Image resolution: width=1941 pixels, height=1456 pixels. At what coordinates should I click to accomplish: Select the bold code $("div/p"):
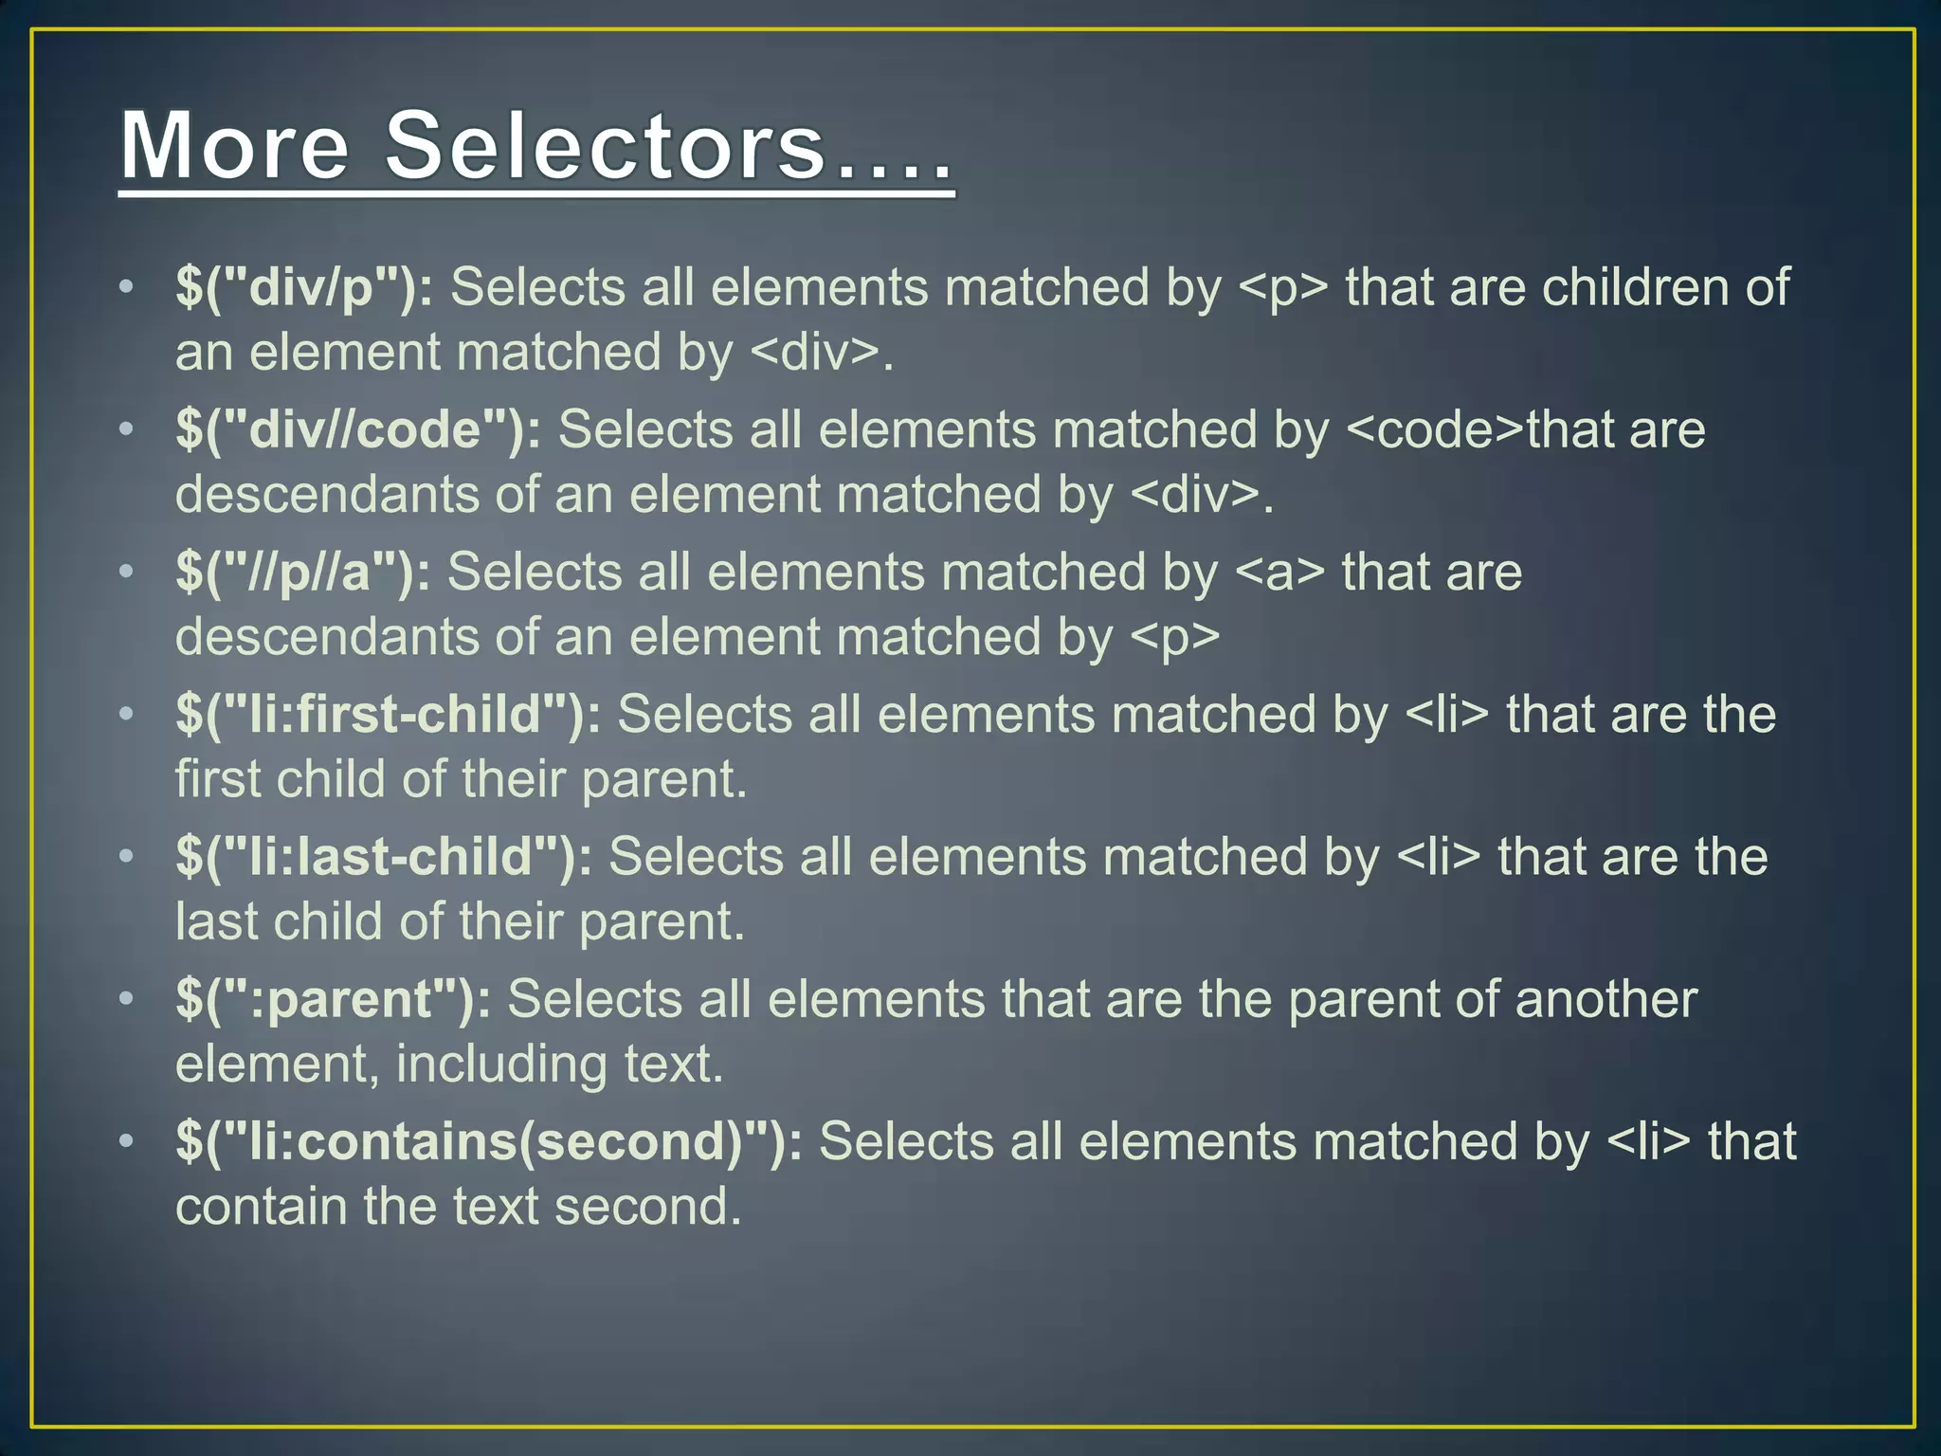(304, 287)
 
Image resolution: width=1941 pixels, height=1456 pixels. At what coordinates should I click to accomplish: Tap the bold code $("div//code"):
(358, 429)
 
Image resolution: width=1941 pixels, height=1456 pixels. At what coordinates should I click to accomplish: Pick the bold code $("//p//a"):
(302, 573)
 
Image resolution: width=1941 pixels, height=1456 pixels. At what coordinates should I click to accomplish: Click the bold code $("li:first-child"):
(388, 715)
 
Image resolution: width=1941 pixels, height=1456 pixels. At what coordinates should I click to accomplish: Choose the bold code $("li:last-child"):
(383, 857)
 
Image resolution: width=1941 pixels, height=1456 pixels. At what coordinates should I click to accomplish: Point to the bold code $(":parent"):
(333, 999)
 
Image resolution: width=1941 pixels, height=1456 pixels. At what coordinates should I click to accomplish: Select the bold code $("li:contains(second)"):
(488, 1141)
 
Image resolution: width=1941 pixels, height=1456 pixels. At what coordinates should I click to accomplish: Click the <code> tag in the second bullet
(1435, 429)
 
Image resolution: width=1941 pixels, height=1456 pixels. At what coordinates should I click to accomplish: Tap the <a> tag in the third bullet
(1279, 573)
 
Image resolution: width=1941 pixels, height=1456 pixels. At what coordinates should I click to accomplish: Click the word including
(500, 1065)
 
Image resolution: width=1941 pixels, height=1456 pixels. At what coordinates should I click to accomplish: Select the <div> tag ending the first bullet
(815, 353)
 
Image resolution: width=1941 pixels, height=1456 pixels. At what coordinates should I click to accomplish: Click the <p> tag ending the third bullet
(1175, 637)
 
